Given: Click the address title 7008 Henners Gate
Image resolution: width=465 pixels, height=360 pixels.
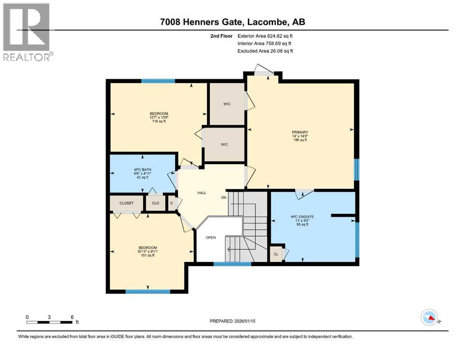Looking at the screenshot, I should pyautogui.click(x=232, y=22).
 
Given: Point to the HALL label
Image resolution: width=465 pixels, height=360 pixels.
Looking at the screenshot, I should pyautogui.click(x=201, y=193).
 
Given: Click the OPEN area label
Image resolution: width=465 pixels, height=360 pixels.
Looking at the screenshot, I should pyautogui.click(x=211, y=237).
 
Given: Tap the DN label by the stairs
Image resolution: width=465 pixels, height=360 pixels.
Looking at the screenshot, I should pyautogui.click(x=224, y=197).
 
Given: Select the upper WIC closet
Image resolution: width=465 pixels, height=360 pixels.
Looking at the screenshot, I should pyautogui.click(x=227, y=104).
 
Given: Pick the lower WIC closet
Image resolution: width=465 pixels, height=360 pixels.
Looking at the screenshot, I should pyautogui.click(x=224, y=144).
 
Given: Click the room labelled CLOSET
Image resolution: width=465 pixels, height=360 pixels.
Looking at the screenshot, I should pyautogui.click(x=126, y=203).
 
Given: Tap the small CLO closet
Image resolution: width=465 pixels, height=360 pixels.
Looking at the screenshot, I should pyautogui.click(x=155, y=203).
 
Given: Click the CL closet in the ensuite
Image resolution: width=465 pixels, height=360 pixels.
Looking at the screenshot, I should pyautogui.click(x=276, y=254).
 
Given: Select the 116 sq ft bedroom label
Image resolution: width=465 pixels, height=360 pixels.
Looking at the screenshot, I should pyautogui.click(x=159, y=117).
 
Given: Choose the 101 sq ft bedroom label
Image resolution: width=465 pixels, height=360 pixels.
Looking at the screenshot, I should pyautogui.click(x=148, y=251).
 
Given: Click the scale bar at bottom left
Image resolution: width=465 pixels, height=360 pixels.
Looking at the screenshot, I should pyautogui.click(x=50, y=322).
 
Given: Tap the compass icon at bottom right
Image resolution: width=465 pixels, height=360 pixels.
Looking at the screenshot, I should pyautogui.click(x=429, y=318).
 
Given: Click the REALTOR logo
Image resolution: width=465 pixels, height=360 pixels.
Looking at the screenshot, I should pyautogui.click(x=27, y=32).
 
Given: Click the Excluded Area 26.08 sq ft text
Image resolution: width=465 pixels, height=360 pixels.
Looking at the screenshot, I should pyautogui.click(x=265, y=51).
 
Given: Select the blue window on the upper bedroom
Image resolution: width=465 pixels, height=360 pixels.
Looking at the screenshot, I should pyautogui.click(x=158, y=81).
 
